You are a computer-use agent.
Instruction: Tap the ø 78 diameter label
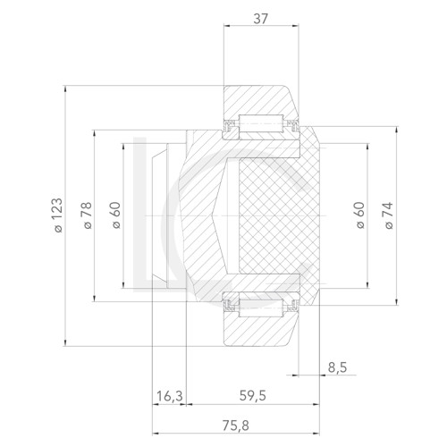pos(87,217)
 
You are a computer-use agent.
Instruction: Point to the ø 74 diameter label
pos(388,217)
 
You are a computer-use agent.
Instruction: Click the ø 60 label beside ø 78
pos(115,217)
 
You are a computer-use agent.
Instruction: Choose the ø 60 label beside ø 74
pos(359,217)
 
